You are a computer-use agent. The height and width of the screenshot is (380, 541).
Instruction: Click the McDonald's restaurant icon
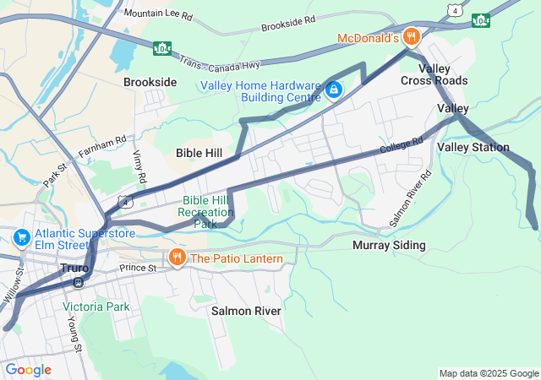pos(411,36)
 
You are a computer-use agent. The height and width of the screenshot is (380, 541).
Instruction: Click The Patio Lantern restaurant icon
pos(177,258)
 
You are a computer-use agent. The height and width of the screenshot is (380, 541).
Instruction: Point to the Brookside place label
pos(150,83)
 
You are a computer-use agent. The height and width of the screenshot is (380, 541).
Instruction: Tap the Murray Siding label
pos(388,246)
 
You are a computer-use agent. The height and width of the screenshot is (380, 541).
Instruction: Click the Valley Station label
pos(473,148)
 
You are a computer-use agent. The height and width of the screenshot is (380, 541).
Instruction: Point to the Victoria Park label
pos(96,307)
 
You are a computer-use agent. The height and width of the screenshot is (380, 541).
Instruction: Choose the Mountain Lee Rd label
pos(157,14)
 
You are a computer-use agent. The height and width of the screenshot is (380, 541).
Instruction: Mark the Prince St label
pos(139,268)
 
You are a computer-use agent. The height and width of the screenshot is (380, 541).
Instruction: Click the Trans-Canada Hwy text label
pos(222,63)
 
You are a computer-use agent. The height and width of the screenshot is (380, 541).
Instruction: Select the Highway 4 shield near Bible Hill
pos(125,202)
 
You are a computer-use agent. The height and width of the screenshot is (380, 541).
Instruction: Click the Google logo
pos(28,369)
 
